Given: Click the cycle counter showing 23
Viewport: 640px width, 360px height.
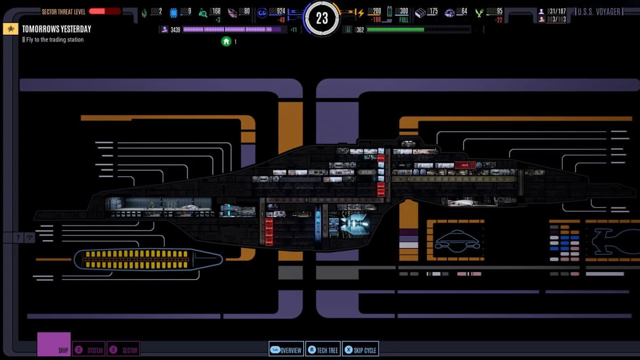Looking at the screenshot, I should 322,19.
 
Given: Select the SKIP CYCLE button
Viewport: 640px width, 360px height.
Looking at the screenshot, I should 361,350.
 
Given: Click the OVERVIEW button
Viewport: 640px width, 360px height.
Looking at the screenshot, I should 286,350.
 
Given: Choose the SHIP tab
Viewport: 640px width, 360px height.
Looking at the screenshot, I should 54,345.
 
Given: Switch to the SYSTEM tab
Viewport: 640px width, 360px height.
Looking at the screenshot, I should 89,350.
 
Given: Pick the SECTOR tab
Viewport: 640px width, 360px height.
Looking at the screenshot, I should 123,350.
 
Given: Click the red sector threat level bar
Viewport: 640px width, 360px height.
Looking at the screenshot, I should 105,11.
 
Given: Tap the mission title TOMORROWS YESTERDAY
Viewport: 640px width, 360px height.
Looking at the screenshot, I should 57,29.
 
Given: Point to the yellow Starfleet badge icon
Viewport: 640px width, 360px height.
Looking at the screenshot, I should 10,29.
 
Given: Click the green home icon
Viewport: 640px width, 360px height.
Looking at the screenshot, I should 226,41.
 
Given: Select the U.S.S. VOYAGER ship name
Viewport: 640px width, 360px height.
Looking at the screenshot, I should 599,12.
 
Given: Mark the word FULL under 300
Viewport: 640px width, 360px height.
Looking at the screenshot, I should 404,20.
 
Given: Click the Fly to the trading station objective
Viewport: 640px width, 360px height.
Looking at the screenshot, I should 55,39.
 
